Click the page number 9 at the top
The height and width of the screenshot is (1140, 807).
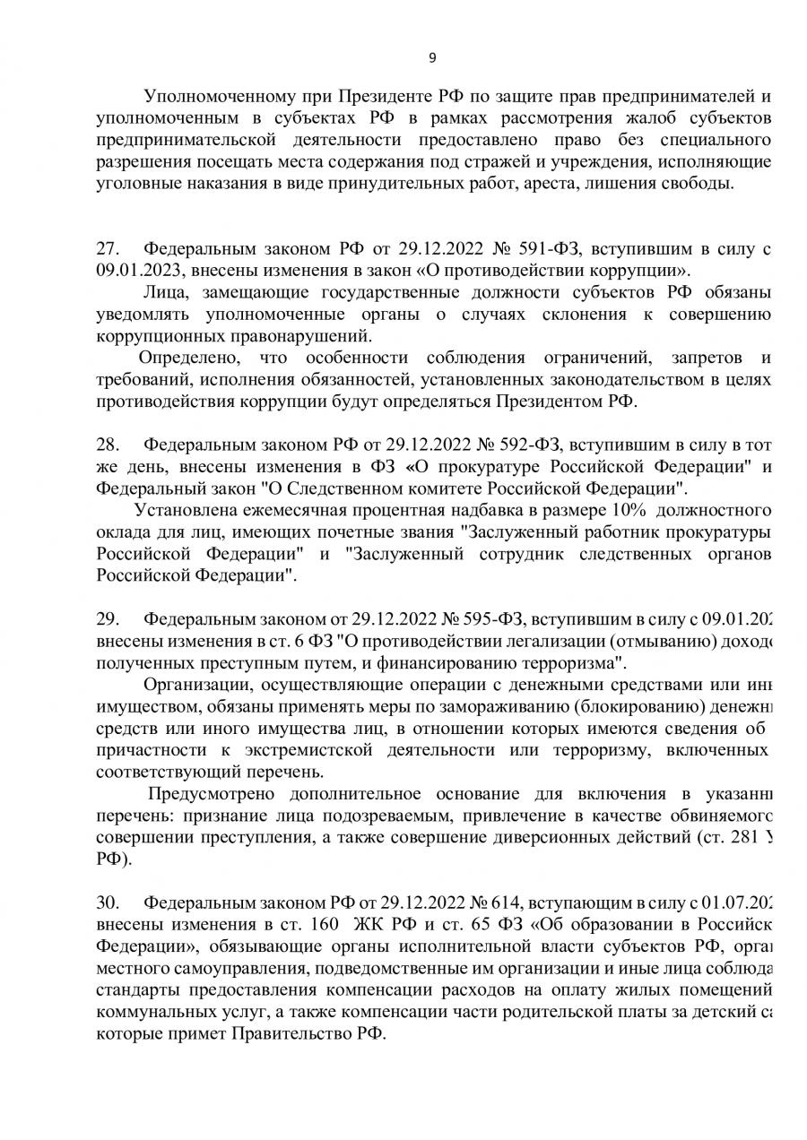[432, 58]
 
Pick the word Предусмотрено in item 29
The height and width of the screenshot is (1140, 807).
[213, 793]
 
